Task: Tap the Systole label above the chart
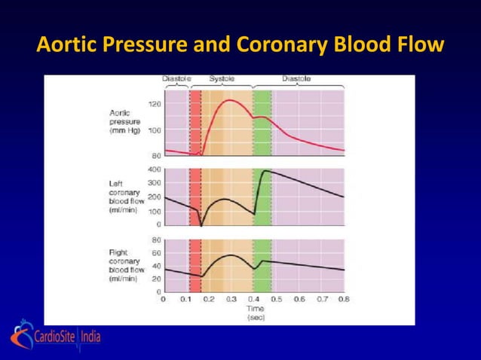221,79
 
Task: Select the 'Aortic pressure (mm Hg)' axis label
125,121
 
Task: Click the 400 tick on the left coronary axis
153,169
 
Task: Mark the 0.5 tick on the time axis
277,299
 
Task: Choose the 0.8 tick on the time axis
344,299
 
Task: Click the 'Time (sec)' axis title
256,313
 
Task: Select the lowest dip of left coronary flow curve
201,224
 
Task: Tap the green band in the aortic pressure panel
262,124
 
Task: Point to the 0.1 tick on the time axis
186,299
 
